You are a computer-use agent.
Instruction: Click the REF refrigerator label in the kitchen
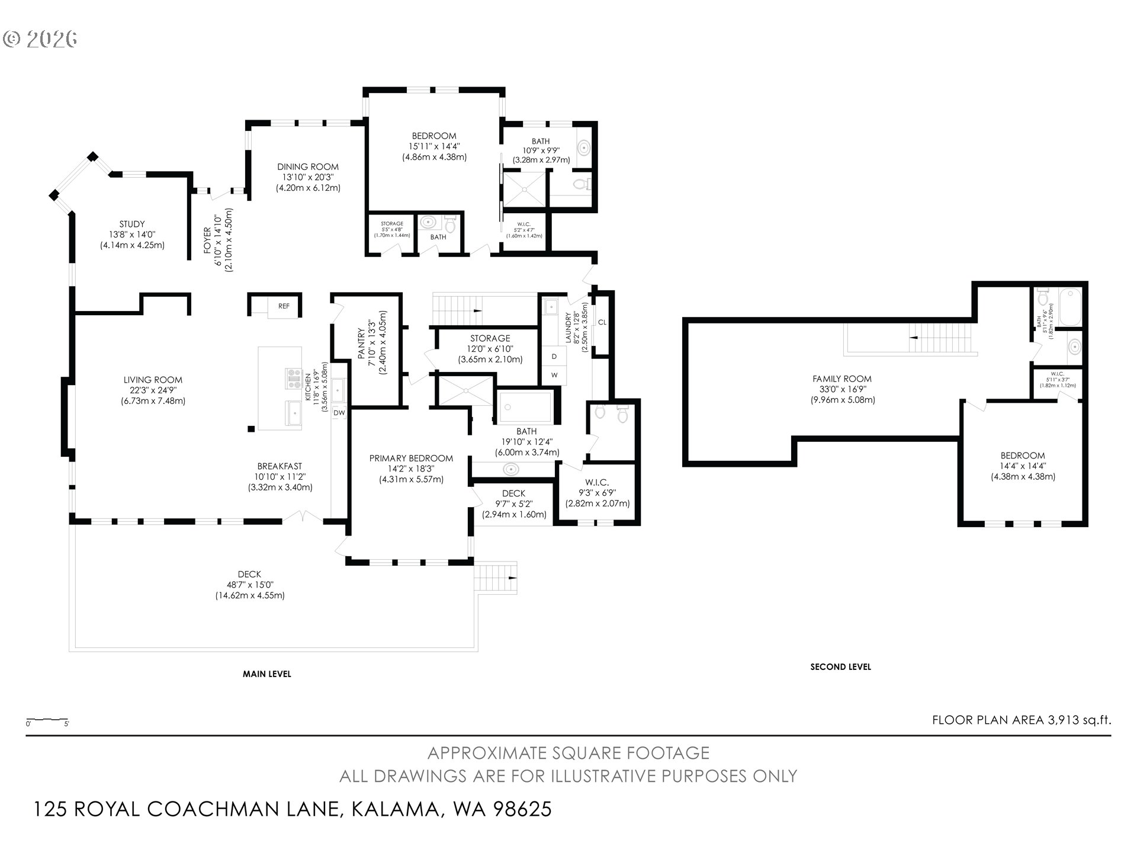(x=284, y=306)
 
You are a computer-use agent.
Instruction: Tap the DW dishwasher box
(x=339, y=413)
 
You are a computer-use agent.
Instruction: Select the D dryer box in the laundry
(x=554, y=357)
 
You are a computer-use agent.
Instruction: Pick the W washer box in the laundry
(x=554, y=375)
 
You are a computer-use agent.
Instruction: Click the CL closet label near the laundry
(x=602, y=322)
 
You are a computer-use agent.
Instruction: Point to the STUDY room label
(x=132, y=224)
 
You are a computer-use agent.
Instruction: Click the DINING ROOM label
(x=308, y=167)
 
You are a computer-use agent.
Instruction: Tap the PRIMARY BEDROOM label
(x=411, y=458)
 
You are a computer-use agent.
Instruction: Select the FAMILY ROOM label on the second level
(x=842, y=379)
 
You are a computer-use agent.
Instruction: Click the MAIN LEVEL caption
(x=267, y=674)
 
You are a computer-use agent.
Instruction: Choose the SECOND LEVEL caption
(x=840, y=667)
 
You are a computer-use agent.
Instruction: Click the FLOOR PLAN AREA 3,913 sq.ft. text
(x=1022, y=720)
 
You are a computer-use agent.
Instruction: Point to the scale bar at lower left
(x=47, y=721)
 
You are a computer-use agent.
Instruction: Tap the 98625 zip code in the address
(x=523, y=809)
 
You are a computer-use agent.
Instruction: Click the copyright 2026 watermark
(x=40, y=39)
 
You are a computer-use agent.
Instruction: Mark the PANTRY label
(x=361, y=344)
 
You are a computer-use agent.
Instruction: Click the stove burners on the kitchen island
(x=294, y=378)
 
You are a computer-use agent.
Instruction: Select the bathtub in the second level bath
(x=1071, y=306)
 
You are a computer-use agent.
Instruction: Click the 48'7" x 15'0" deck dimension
(x=249, y=585)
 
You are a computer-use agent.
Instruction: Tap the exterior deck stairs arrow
(x=512, y=578)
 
